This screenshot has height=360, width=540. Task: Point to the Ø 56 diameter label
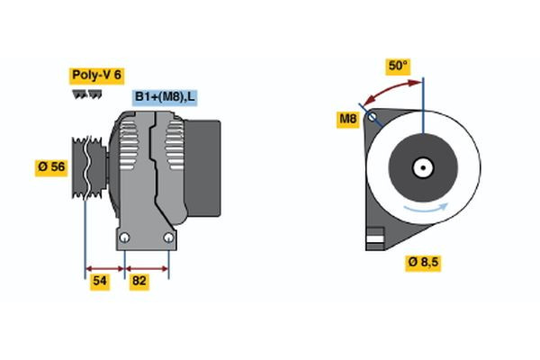51,167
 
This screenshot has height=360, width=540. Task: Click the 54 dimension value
101,281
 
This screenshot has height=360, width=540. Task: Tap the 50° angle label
398,66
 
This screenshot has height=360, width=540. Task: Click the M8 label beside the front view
347,119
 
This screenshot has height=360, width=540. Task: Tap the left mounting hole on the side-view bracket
125,238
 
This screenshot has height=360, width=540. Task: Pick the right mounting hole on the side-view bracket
169,238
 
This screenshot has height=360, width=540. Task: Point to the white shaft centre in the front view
422,167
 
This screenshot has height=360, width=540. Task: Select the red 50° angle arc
391,88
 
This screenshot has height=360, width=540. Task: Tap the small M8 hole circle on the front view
372,117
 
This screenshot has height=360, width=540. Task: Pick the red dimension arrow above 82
147,267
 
